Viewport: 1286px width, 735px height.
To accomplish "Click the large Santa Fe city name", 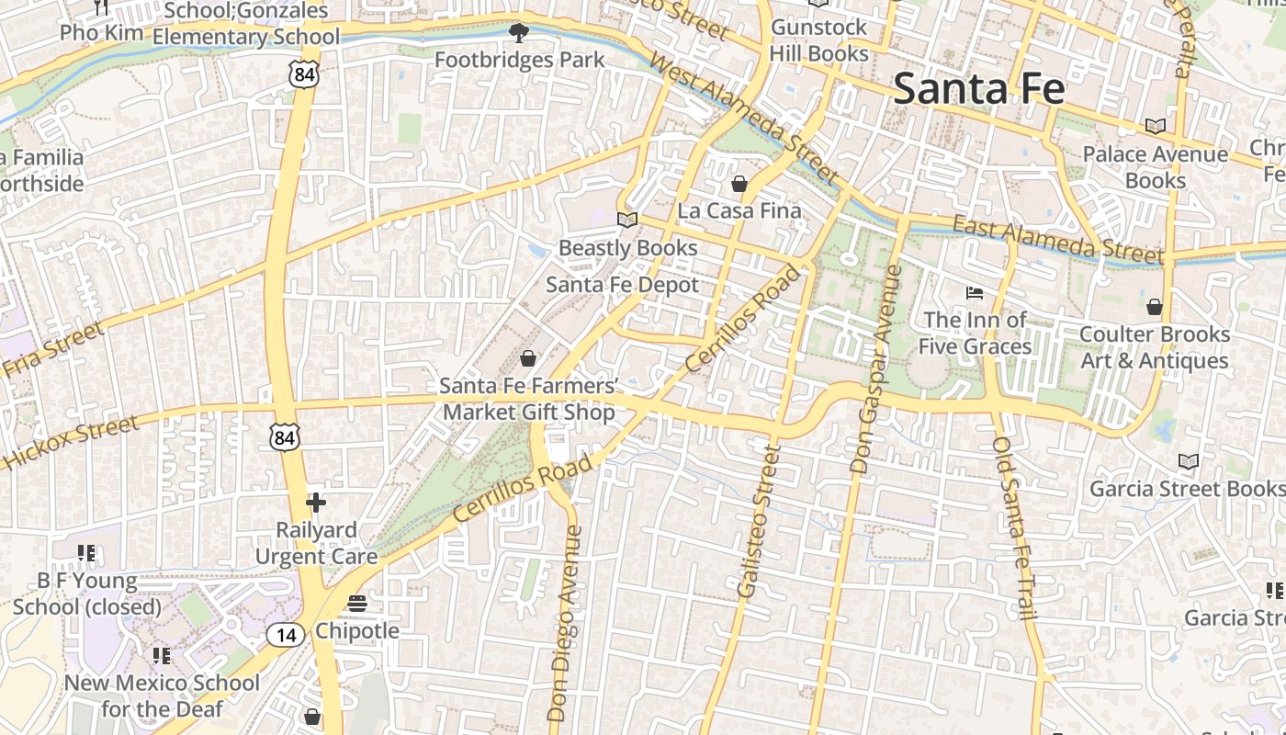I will point(978,89).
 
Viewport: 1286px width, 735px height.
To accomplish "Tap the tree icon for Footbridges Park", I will point(519,34).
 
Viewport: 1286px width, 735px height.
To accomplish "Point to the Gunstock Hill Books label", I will point(818,40).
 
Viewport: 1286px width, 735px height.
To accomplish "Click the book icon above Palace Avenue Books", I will point(1155,127).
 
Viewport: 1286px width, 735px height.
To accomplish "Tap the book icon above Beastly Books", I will point(627,220).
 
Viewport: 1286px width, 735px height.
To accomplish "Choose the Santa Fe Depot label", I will point(622,285).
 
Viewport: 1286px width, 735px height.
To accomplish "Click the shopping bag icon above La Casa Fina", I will point(739,185).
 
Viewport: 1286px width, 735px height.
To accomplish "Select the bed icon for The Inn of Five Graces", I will point(975,294).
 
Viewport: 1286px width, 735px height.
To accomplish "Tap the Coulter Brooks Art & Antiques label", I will point(1154,347).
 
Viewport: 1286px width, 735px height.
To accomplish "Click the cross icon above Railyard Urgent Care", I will point(316,503).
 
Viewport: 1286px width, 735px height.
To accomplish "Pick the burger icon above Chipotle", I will point(357,604).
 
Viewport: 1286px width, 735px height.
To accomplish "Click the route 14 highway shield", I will point(286,634).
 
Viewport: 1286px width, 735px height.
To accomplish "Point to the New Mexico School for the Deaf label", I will point(162,695).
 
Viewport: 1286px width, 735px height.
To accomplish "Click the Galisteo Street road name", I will point(758,521).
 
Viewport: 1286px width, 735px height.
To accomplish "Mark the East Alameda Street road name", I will point(1057,238).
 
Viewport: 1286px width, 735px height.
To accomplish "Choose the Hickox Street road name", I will point(71,442).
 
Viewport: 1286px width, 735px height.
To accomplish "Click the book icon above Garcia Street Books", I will point(1189,461).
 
